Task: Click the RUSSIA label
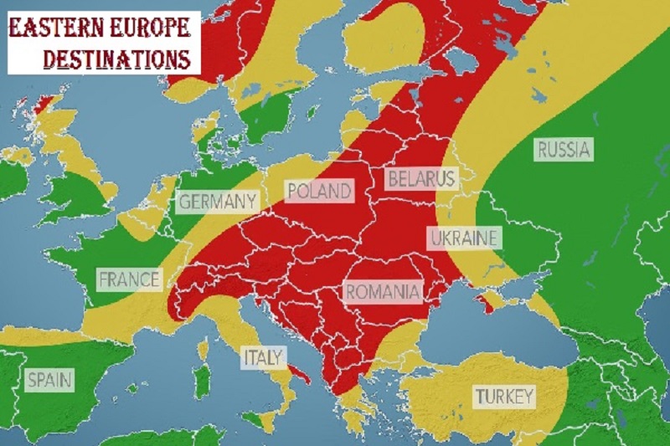point(564,151)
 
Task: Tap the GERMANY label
point(217,202)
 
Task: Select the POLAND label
point(318,191)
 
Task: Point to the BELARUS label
point(420,178)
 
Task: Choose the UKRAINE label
point(464,238)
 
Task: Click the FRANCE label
point(129,279)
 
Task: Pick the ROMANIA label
point(383,292)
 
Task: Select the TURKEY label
point(504,397)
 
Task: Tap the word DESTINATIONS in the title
point(116,59)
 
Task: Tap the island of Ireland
point(13,176)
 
